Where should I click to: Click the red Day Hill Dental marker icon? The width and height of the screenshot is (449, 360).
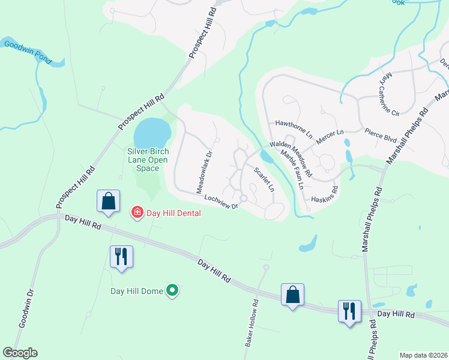point(137,212)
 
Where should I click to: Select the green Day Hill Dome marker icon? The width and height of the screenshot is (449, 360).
point(172,292)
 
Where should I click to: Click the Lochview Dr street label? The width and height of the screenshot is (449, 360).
point(221,201)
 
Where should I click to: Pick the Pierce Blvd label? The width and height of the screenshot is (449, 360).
point(381,134)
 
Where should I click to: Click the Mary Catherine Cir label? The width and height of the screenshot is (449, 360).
point(388,94)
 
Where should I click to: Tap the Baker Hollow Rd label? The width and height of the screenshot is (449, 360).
point(251,324)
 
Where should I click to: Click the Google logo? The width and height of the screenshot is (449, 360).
point(20,353)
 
